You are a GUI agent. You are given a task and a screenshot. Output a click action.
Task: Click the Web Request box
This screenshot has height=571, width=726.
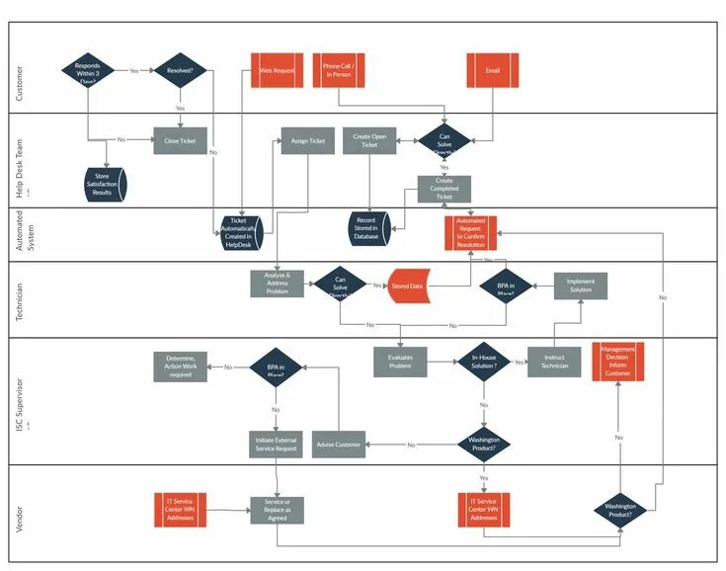277,71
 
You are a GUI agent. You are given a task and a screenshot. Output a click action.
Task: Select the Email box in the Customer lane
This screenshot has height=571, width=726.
493,71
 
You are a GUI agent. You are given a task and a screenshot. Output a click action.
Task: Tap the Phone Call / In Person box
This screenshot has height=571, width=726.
339,71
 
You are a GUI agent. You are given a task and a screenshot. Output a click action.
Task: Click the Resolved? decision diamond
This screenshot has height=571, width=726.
180,71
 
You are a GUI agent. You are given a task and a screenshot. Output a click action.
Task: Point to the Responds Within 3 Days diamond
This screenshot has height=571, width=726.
88,71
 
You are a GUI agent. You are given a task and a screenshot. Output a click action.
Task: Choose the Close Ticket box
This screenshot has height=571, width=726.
180,140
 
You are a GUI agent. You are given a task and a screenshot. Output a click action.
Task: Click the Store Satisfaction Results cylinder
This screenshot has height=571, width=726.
102,185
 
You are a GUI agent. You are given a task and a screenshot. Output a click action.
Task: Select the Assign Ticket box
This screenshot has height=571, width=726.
307,140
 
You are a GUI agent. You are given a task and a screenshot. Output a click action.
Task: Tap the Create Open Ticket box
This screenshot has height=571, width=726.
369,140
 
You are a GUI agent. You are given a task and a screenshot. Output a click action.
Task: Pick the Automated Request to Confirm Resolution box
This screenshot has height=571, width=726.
470,232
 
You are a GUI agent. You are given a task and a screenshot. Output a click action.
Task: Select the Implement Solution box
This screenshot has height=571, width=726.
580,285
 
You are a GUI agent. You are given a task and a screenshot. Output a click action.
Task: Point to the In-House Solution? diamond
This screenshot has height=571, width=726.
483,362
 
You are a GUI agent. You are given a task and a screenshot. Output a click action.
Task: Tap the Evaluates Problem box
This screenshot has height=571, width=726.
400,362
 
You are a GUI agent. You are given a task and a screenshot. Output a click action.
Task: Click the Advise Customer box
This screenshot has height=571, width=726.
339,444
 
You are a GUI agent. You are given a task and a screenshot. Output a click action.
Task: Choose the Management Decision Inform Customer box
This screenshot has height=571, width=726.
617,362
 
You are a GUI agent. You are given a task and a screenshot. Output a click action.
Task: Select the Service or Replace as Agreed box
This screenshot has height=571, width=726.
277,510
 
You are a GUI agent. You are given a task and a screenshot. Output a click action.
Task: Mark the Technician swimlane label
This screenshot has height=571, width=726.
19,299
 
